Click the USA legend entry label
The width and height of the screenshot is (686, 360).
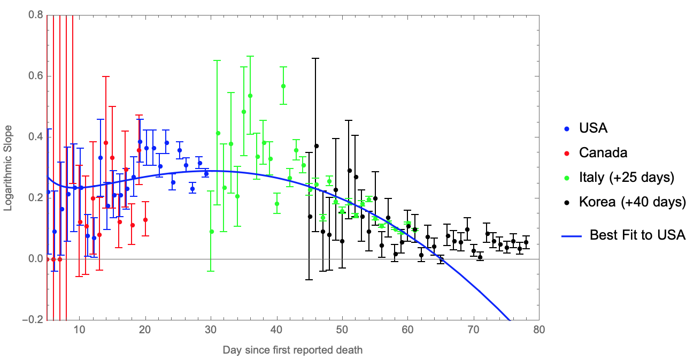(x=593, y=128)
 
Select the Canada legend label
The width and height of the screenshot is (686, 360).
(x=603, y=152)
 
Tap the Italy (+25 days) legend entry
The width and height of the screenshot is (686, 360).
(x=627, y=178)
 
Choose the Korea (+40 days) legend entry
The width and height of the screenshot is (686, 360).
(x=632, y=202)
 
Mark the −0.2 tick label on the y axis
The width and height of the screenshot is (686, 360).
(x=33, y=319)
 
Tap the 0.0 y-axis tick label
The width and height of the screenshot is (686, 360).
(x=35, y=258)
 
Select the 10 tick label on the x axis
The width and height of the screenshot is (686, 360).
(x=79, y=330)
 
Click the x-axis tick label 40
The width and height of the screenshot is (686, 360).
(x=276, y=330)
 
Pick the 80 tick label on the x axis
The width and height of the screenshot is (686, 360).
(x=539, y=330)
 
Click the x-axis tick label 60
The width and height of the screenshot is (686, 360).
(x=407, y=330)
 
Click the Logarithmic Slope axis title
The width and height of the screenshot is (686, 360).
(x=7, y=168)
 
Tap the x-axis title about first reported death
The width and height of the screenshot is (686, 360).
(x=292, y=350)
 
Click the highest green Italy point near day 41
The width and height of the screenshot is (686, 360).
(x=283, y=87)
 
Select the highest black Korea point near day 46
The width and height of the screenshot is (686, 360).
(x=317, y=146)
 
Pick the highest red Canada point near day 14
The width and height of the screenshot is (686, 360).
(x=106, y=143)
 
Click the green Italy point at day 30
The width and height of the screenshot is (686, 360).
(x=212, y=232)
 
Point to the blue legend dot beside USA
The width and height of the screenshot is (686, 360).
(x=567, y=129)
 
